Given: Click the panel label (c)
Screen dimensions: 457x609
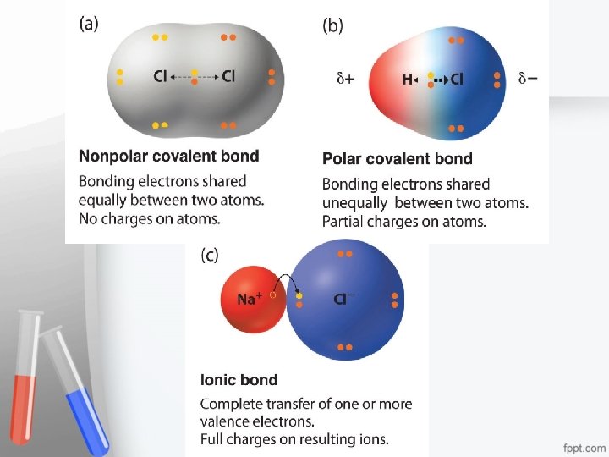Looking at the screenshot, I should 211,255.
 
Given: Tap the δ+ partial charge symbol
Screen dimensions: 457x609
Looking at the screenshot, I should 345,80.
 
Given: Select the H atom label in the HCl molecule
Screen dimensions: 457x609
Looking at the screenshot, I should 408,80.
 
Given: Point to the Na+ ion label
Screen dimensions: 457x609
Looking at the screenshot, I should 249,299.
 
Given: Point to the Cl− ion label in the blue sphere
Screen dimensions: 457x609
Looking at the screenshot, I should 344,299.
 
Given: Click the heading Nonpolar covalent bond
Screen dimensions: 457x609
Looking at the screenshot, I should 168,156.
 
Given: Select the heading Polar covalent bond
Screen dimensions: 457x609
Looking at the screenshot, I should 398,158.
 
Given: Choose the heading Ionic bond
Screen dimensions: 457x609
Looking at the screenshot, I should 239,380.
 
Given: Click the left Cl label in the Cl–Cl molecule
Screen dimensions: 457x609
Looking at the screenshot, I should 160,76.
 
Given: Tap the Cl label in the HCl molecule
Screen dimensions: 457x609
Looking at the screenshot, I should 456,80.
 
